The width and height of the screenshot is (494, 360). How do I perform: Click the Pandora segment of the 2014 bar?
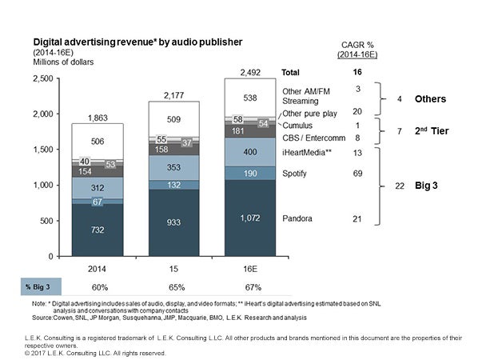click(98, 230)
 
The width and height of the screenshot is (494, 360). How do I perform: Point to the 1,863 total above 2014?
click(98, 117)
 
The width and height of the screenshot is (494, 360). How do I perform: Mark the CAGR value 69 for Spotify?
click(359, 173)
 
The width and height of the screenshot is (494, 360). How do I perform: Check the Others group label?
click(431, 100)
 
